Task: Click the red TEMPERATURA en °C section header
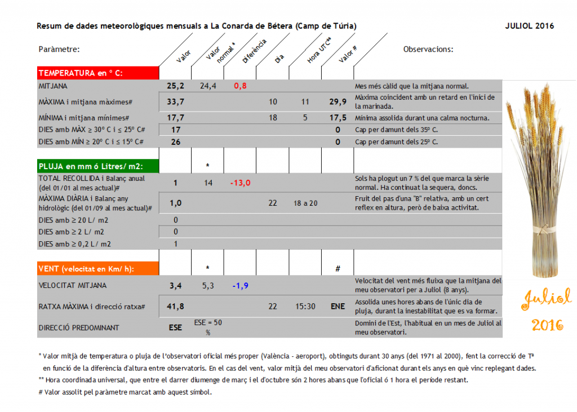pos(80,73)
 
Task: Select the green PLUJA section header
pos(90,166)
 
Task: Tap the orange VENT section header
pos(86,269)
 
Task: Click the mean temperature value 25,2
pos(176,86)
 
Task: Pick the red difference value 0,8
pos(240,86)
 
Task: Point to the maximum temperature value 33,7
pos(176,101)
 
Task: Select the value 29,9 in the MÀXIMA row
pos(338,101)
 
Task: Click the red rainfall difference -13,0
pos(240,183)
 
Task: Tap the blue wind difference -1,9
pos(240,286)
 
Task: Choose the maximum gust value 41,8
pos(176,306)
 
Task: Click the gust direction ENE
pos(338,306)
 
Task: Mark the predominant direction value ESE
pos(176,327)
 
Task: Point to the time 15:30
pos(305,306)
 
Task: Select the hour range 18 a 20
pos(305,203)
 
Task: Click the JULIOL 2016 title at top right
pos(530,26)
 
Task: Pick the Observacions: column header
pos(428,49)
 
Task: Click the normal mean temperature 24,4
pos(208,86)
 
